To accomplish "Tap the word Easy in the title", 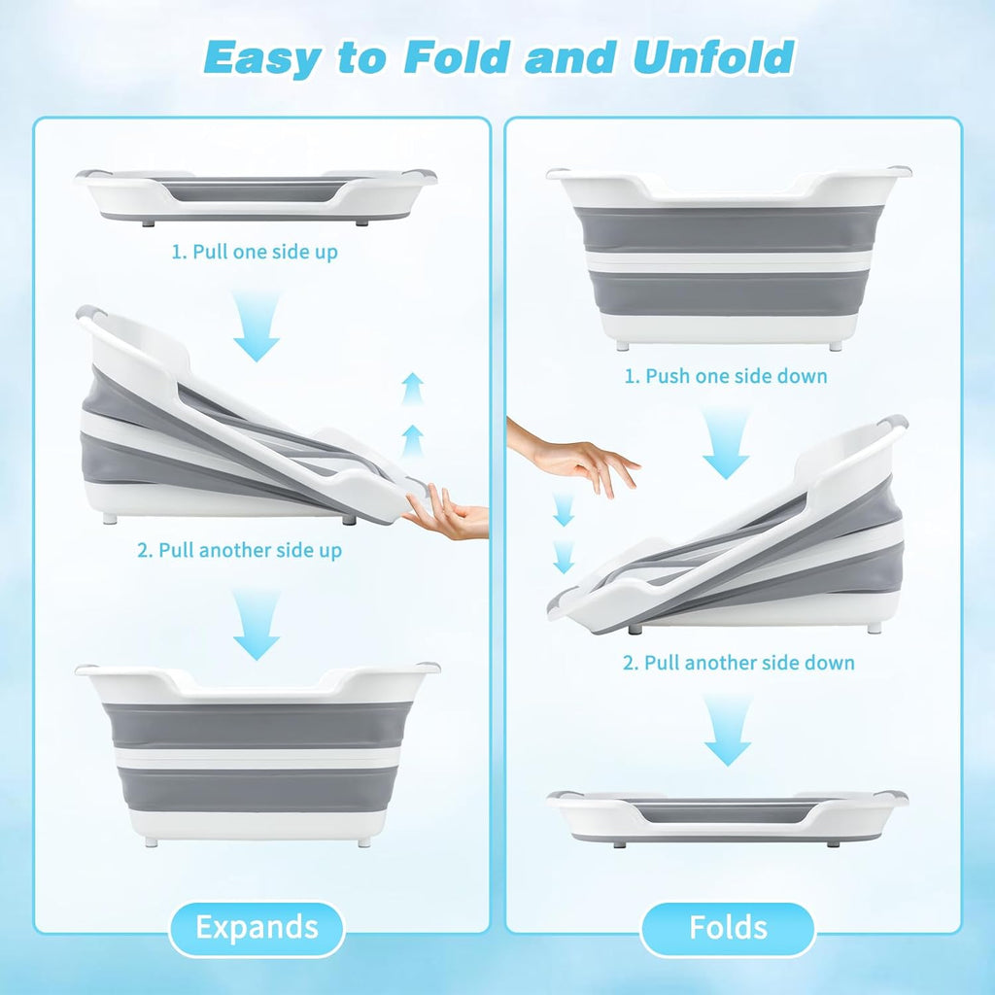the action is click(x=262, y=58).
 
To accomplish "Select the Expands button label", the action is click(x=257, y=927).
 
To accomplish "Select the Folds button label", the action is click(x=728, y=927).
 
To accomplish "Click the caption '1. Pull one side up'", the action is click(x=255, y=252).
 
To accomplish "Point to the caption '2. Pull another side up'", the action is click(x=239, y=550).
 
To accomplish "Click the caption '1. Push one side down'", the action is click(x=726, y=376).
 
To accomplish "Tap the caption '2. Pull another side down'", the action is click(x=738, y=663).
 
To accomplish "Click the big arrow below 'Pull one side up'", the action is click(x=257, y=327).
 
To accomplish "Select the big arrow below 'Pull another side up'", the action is click(x=257, y=626).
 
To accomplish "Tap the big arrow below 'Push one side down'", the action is click(x=726, y=445).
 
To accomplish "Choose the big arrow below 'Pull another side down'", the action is click(x=727, y=731).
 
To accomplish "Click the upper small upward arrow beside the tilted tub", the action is click(x=413, y=389).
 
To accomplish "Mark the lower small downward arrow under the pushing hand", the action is click(x=563, y=557).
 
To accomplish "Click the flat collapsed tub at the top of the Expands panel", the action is click(x=256, y=196).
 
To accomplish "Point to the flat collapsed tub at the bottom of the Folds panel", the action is click(x=727, y=818).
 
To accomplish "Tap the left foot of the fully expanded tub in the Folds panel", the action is click(x=623, y=347).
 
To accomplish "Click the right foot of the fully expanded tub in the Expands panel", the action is click(x=363, y=842).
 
